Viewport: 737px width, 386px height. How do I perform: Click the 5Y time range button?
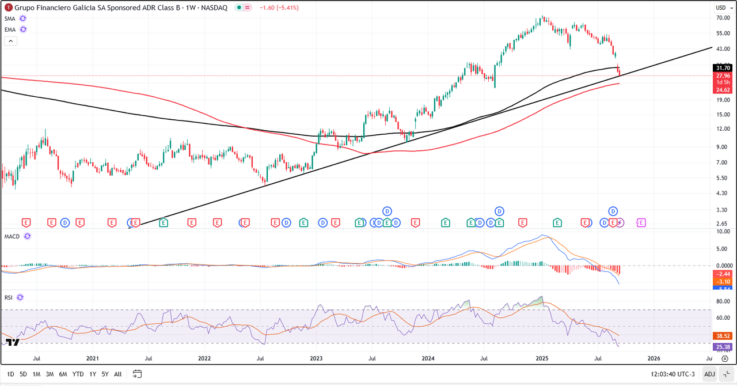(104, 374)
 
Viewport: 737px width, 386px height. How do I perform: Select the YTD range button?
(78, 374)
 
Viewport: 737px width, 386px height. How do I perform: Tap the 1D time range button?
(10, 374)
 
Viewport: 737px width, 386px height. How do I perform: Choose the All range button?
(117, 374)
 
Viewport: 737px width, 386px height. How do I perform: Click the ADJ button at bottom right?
(709, 374)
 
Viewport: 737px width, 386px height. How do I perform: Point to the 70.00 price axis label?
(723, 18)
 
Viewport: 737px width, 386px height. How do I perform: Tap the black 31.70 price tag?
(723, 68)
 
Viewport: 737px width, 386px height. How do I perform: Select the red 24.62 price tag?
(723, 90)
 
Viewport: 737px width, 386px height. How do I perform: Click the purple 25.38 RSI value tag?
(723, 347)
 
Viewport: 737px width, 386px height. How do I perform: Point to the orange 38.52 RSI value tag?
(723, 335)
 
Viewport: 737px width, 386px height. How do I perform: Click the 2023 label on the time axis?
(316, 358)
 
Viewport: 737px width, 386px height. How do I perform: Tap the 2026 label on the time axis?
(654, 358)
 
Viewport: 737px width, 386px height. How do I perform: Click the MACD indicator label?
(12, 236)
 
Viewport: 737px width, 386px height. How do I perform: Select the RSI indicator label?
(8, 297)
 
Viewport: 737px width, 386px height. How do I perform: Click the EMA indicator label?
(10, 29)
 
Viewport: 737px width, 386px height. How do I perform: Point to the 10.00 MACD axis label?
(723, 232)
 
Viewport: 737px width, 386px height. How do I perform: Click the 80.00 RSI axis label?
(723, 301)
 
